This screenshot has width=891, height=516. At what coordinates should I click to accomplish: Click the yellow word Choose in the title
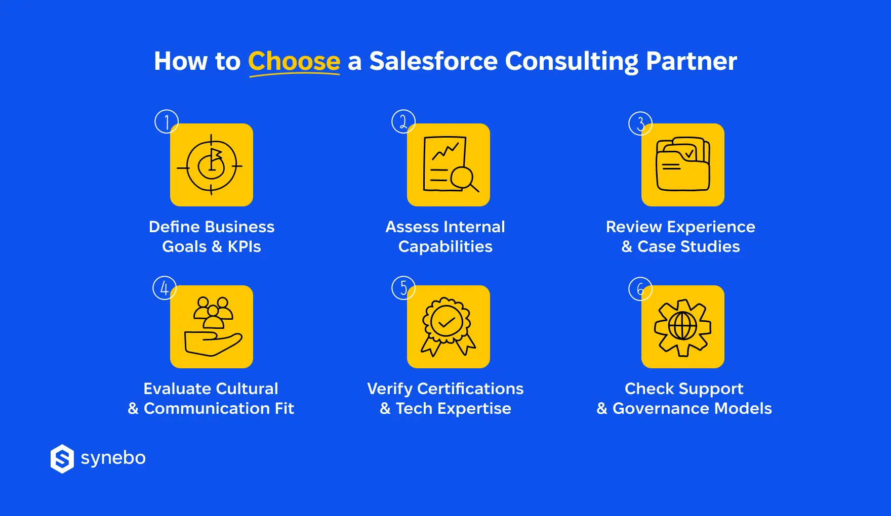294,61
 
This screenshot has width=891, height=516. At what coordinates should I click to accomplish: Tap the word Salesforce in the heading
433,61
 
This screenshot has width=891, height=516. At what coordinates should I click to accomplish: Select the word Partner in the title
691,61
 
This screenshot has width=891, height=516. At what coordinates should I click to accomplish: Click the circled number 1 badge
166,121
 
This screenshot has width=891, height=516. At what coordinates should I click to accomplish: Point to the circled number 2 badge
403,121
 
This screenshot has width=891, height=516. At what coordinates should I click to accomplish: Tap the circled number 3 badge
640,123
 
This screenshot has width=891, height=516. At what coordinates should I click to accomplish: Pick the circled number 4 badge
165,288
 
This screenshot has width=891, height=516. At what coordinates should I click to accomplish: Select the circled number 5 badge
403,288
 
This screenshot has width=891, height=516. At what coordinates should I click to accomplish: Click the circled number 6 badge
640,289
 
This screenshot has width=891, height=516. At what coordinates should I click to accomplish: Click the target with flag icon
211,165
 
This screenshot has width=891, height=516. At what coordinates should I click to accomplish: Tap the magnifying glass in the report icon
463,179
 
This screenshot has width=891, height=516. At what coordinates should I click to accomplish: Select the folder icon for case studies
682,165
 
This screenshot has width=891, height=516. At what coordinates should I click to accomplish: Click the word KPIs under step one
244,247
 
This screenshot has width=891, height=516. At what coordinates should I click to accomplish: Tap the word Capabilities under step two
445,247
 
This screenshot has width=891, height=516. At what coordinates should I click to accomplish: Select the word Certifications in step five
470,389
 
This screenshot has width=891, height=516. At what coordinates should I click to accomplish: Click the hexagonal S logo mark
62,459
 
